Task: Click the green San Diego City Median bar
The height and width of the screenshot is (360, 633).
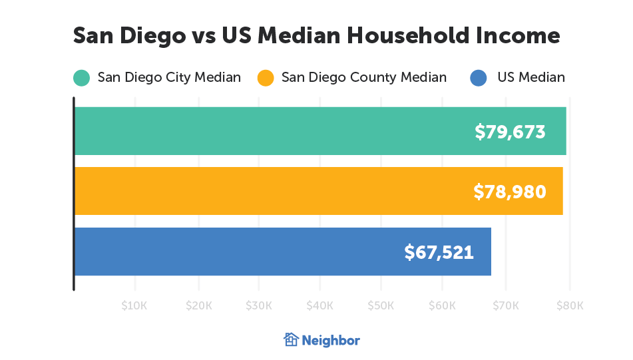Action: [266, 131]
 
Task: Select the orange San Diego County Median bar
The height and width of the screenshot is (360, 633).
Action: [266, 191]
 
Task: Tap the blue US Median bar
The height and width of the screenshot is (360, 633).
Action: [233, 252]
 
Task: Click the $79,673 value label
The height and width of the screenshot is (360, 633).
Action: [510, 132]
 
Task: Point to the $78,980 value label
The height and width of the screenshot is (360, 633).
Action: [509, 192]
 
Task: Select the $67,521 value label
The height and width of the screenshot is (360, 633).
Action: [439, 252]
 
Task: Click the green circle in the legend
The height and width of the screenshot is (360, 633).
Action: [81, 78]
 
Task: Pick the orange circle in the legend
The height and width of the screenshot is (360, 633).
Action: [266, 78]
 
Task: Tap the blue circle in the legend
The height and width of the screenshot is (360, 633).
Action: [478, 78]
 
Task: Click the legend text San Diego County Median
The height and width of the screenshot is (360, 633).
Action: [364, 77]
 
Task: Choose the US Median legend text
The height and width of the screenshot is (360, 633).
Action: [530, 77]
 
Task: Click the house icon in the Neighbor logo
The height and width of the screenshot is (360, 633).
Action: [291, 339]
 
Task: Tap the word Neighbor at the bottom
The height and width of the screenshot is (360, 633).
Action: [331, 340]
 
